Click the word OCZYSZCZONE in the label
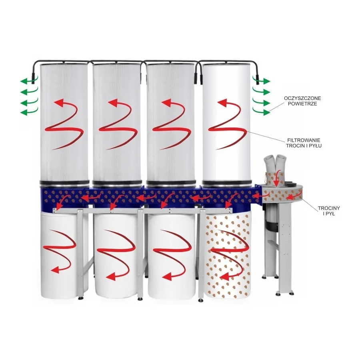302,98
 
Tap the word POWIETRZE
302,104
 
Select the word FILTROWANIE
304,140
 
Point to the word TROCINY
329,208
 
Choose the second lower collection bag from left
117,255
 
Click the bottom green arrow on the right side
262,112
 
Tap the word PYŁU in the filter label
316,146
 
